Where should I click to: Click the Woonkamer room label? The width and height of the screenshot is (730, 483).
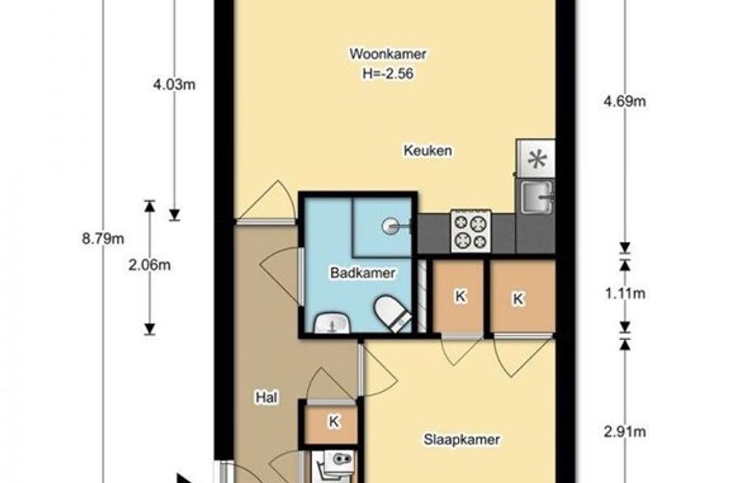click(388, 54)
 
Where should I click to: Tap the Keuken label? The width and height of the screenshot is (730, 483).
click(428, 151)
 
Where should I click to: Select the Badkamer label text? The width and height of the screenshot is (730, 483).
click(362, 273)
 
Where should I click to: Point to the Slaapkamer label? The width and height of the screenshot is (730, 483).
click(462, 440)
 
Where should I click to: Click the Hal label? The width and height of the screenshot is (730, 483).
click(267, 397)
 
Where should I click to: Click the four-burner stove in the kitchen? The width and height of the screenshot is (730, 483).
click(470, 232)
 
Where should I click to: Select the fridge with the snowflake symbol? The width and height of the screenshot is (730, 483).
click(536, 158)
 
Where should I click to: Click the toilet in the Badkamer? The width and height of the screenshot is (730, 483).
click(393, 312)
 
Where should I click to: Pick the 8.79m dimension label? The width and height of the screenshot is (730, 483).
click(103, 239)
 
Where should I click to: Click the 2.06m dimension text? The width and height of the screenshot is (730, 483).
click(149, 265)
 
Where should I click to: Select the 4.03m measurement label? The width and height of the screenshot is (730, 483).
click(174, 85)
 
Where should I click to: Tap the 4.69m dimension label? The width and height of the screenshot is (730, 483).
click(624, 101)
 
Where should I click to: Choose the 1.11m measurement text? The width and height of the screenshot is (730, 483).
click(625, 294)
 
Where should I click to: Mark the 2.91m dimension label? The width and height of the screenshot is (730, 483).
click(625, 432)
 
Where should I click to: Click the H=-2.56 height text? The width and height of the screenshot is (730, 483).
click(388, 74)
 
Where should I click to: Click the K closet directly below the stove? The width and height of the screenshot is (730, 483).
click(460, 296)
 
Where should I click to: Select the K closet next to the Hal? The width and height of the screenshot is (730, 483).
click(334, 422)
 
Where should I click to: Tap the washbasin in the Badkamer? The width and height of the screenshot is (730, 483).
click(332, 323)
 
